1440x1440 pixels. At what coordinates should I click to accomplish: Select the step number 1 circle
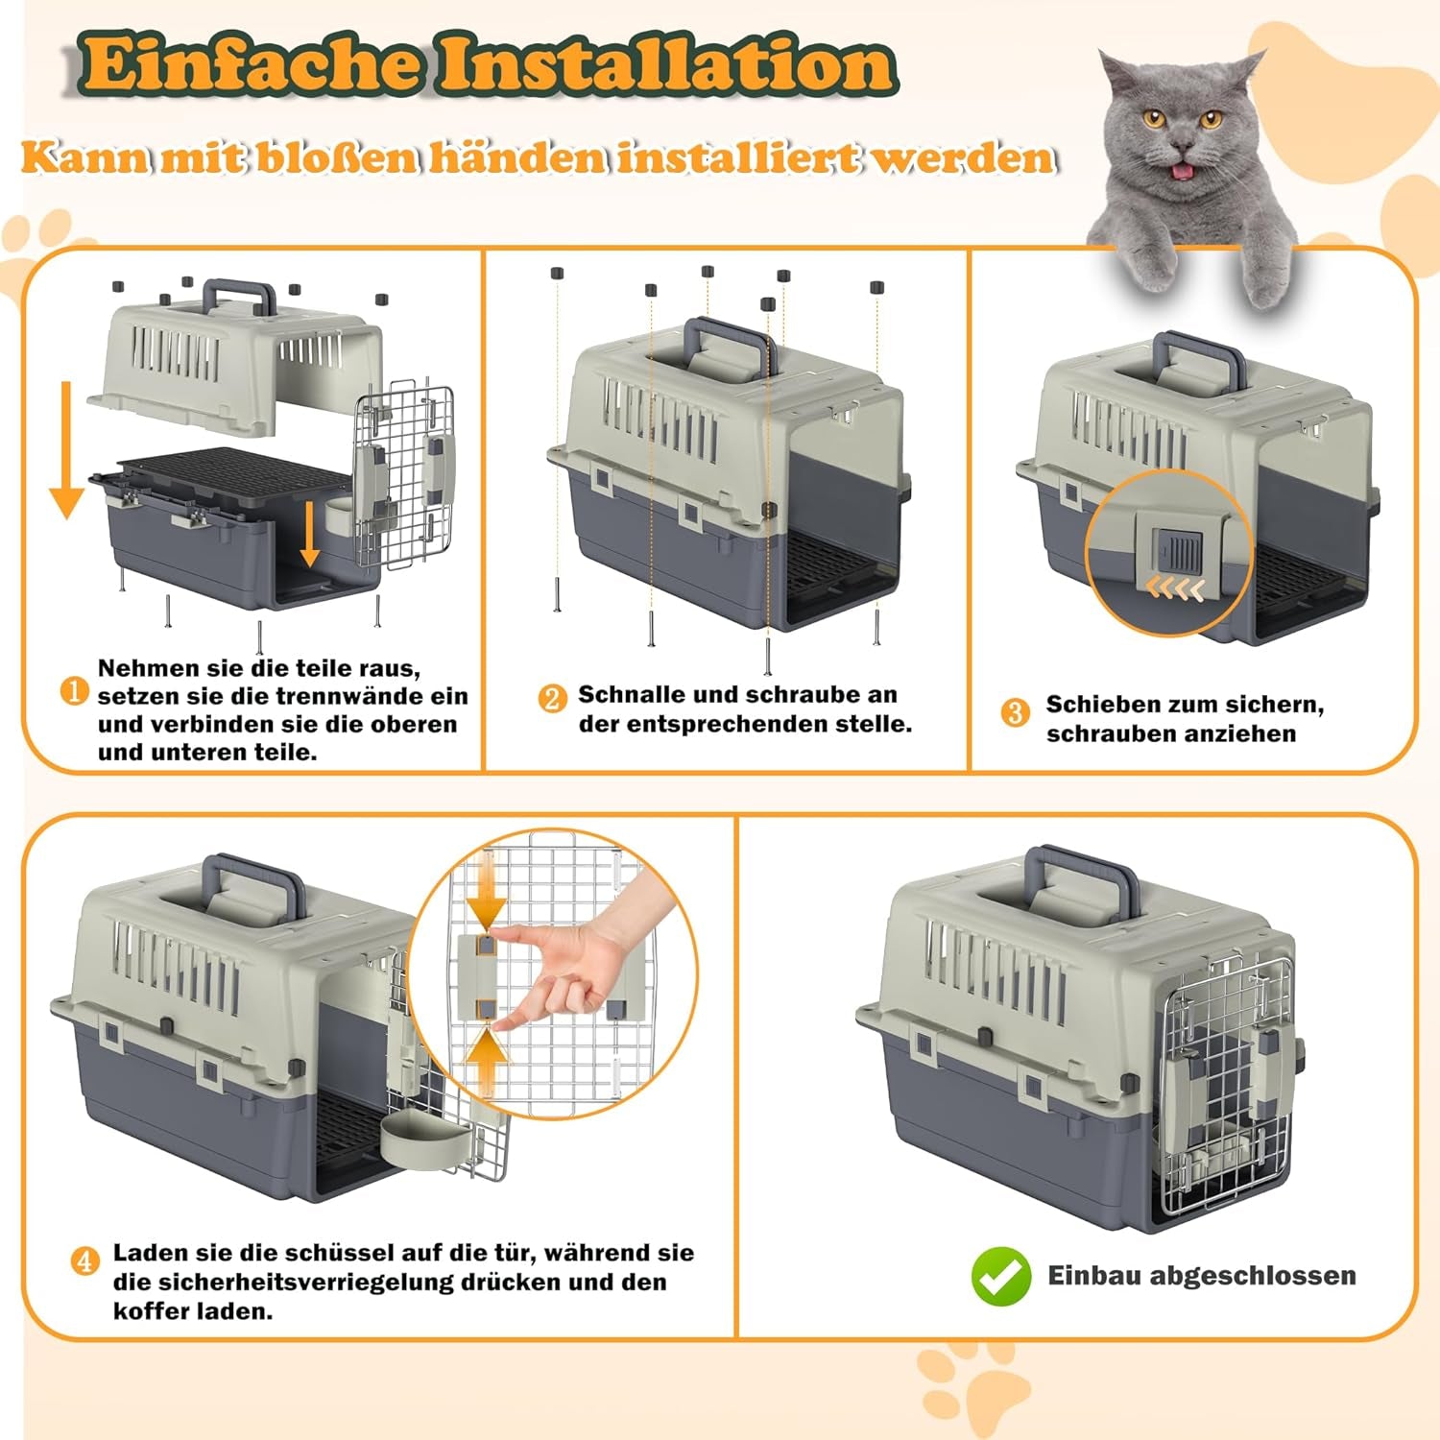pos(75,691)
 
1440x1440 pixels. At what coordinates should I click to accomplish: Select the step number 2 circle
pos(552,698)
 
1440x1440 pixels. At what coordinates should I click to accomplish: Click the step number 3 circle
pos(1015,712)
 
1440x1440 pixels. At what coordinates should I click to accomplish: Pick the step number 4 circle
pos(85,1260)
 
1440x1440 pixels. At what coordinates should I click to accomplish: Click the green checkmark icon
pos(1000,1276)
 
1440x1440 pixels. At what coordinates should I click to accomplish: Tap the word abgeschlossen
pos(1253,1276)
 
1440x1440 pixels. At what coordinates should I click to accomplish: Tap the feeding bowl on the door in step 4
pos(423,1142)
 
